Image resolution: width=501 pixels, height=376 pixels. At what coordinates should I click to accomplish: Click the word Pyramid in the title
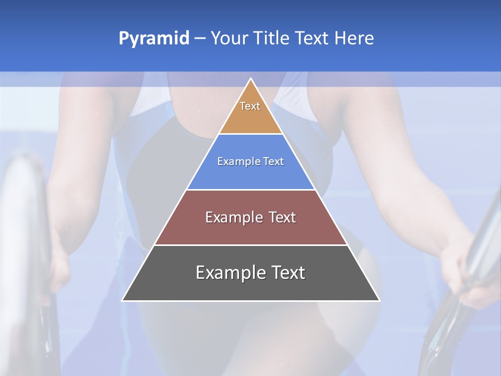click(153, 39)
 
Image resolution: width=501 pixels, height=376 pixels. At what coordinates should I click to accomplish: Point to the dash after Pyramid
click(199, 39)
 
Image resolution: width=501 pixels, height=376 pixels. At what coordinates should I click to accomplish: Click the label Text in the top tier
click(250, 106)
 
